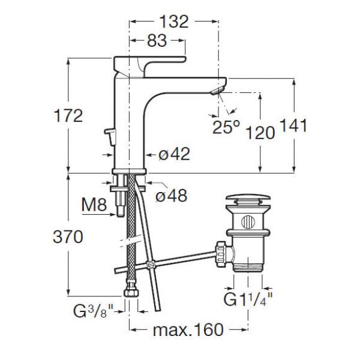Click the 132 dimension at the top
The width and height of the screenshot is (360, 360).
(174, 22)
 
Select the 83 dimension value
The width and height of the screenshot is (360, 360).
(157, 41)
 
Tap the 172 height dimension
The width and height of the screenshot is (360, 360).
(68, 116)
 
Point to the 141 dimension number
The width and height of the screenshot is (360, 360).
(293, 125)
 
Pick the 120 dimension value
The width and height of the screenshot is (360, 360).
(260, 133)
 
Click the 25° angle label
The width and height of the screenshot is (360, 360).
(226, 127)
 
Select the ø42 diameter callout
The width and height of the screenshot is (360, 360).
(175, 154)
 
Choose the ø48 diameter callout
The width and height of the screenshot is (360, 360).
(172, 196)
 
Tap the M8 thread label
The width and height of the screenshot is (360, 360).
(94, 205)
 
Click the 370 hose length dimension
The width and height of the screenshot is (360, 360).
(68, 237)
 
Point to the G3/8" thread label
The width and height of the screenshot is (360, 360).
(94, 311)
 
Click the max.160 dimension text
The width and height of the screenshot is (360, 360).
(188, 329)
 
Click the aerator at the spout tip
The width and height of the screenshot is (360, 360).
(216, 91)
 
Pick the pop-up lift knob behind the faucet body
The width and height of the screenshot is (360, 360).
(110, 137)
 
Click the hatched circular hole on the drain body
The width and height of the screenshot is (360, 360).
(248, 222)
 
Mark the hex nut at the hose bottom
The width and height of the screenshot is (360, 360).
(131, 292)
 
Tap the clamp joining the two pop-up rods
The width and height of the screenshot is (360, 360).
(151, 265)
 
